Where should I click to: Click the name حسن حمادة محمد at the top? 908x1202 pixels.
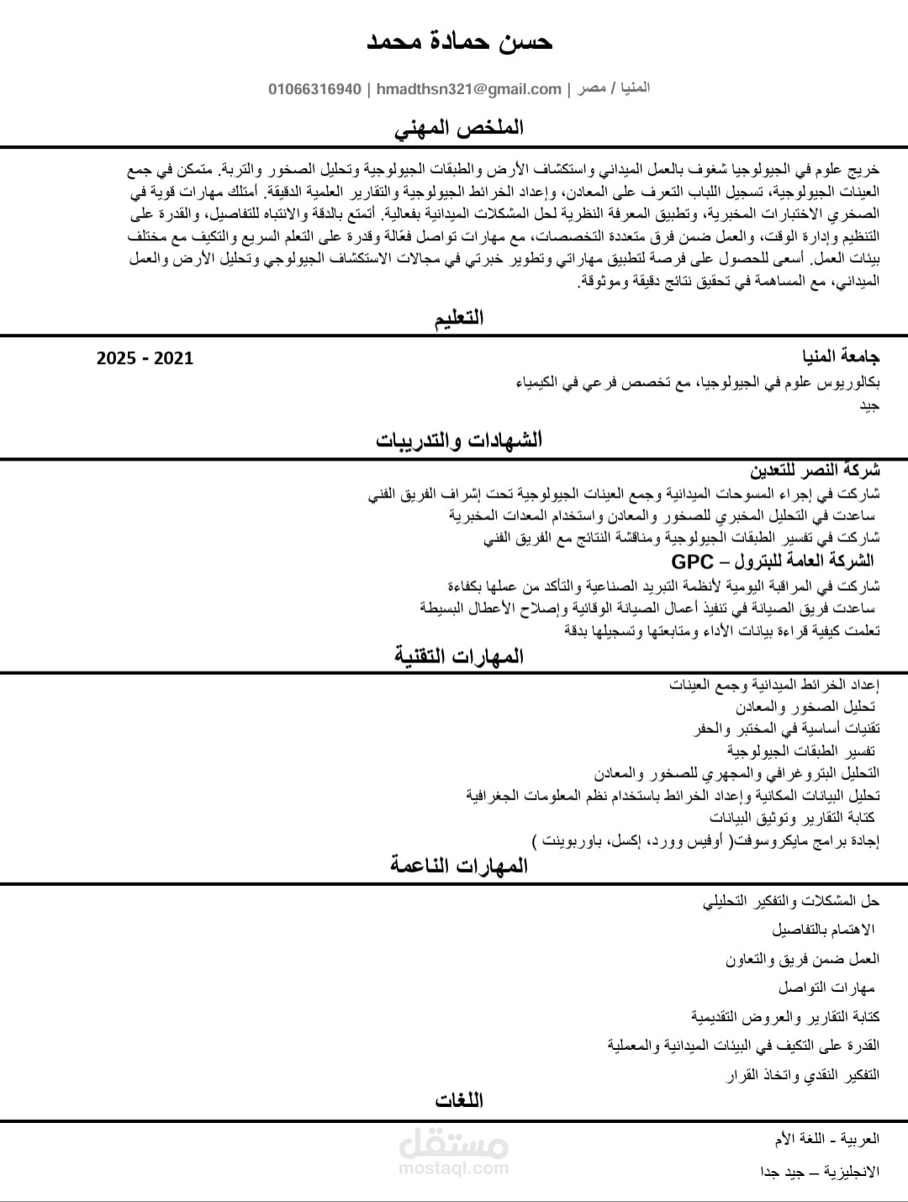click(x=459, y=41)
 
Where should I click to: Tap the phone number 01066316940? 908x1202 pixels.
click(x=315, y=89)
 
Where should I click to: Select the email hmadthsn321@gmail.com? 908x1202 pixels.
click(x=469, y=89)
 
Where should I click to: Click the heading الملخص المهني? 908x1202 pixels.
click(x=459, y=128)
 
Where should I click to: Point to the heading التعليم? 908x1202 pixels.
click(x=459, y=318)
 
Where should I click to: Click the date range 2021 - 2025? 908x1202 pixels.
click(x=145, y=359)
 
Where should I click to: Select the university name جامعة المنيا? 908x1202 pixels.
click(x=837, y=357)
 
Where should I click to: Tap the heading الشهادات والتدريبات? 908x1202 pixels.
click(x=459, y=440)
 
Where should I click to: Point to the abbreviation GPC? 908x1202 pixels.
click(x=692, y=561)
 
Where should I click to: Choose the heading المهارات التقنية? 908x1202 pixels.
click(x=459, y=656)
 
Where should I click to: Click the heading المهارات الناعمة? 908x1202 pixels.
click(x=459, y=866)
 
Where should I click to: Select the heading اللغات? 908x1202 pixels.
click(x=459, y=1100)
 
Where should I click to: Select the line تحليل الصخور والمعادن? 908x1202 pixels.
click(x=806, y=707)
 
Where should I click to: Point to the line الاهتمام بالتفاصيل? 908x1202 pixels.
click(x=823, y=930)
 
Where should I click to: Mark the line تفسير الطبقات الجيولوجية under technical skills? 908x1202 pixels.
click(x=802, y=751)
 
